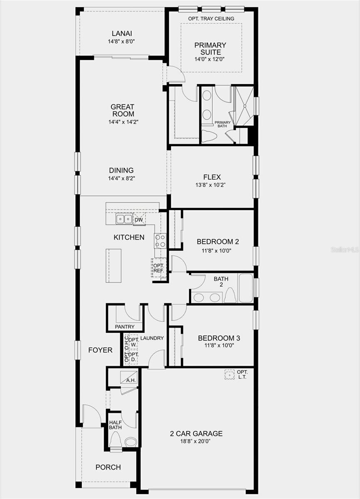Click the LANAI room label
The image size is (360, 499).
pos(122,34)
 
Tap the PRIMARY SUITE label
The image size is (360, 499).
pos(210,49)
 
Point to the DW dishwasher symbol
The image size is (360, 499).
pos(139,219)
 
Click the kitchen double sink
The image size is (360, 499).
pos(124,219)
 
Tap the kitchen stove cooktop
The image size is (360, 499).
pos(160,241)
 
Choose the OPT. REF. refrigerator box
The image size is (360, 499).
pos(158,268)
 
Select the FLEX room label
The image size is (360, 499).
pos(212,177)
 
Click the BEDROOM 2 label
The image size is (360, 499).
pos(218,242)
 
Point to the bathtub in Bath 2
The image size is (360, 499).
pos(246,288)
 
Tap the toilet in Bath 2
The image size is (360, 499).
pos(230,296)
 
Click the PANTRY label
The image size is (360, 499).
pos(125,327)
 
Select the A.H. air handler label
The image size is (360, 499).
pos(131,380)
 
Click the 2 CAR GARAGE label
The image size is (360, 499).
pos(196,434)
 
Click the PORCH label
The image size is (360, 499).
pos(108,467)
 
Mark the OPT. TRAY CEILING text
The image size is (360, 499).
pos(211,19)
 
